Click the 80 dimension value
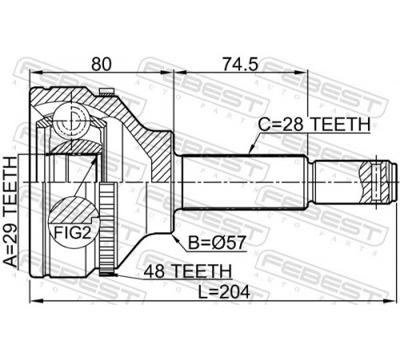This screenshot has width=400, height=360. pos(101,64)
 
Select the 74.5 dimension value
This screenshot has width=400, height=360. pos(241,64)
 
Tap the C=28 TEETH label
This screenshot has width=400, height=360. pos(314,124)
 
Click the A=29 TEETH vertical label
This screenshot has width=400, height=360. pos(10,212)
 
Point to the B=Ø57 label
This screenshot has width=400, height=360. pos(217,242)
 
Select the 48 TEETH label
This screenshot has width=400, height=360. pos(187,271)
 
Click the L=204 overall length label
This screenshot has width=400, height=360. pos(224,292)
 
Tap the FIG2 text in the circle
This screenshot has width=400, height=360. pos(72,233)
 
